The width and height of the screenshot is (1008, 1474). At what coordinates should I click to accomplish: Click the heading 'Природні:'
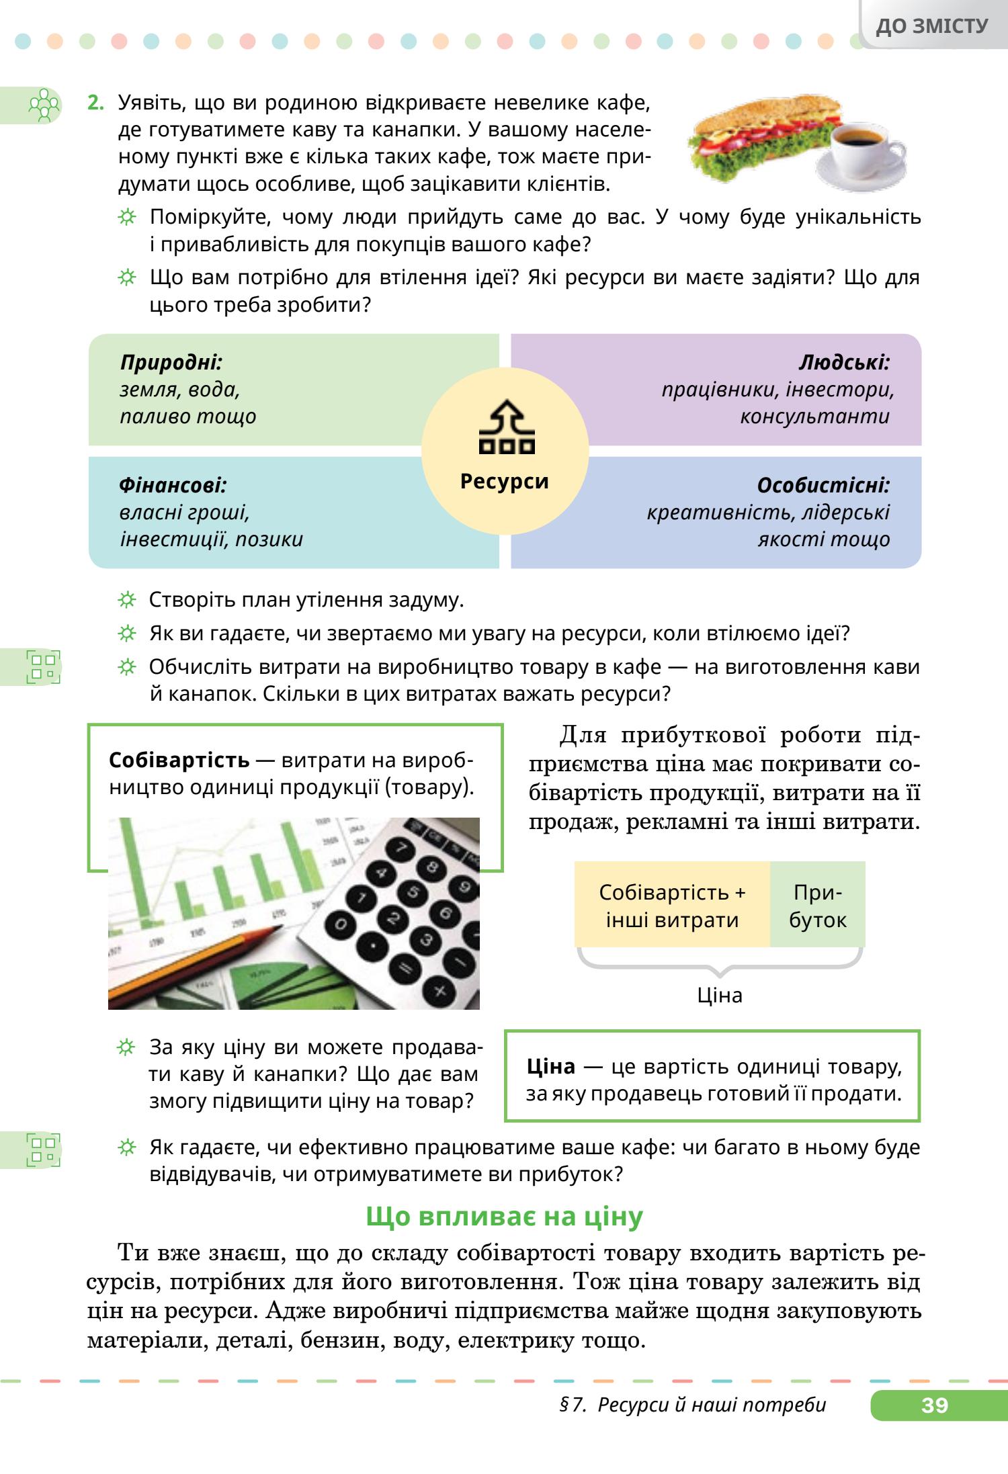[171, 363]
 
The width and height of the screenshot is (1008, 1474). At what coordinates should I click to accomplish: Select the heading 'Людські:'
[844, 363]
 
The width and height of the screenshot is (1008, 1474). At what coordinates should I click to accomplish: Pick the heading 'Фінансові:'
[173, 485]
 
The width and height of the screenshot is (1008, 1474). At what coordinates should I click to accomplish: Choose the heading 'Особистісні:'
[823, 485]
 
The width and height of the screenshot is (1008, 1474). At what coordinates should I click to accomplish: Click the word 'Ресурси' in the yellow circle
[505, 482]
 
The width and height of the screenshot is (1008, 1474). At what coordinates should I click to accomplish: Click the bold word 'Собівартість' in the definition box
[179, 761]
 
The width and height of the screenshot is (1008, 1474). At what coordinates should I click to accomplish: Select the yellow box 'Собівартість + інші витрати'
[672, 906]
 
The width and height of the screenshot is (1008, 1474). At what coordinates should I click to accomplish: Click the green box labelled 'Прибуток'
[817, 906]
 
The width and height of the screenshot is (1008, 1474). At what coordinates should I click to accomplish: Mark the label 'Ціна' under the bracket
[719, 995]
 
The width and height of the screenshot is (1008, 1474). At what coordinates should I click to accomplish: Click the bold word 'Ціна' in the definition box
[551, 1066]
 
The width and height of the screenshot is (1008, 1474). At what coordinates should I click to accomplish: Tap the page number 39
[935, 1404]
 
